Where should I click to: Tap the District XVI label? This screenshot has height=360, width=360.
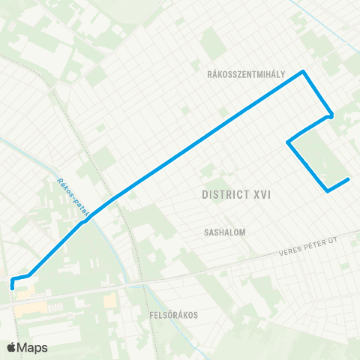click(x=236, y=194)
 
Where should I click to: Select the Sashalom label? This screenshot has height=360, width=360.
click(x=225, y=232)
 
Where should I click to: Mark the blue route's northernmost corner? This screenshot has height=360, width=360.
click(x=303, y=72)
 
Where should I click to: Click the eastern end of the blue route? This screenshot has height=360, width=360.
click(x=349, y=179)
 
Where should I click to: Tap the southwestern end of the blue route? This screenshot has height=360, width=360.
click(x=13, y=286)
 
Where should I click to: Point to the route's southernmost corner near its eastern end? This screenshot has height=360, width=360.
click(x=328, y=190)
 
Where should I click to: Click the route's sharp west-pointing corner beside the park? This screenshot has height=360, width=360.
click(x=288, y=141)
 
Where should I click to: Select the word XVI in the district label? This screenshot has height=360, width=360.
click(x=261, y=194)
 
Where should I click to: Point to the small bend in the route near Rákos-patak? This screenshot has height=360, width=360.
click(x=84, y=221)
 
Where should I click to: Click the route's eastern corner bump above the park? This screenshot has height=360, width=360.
click(x=331, y=115)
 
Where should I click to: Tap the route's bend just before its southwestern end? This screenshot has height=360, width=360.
click(x=28, y=275)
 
